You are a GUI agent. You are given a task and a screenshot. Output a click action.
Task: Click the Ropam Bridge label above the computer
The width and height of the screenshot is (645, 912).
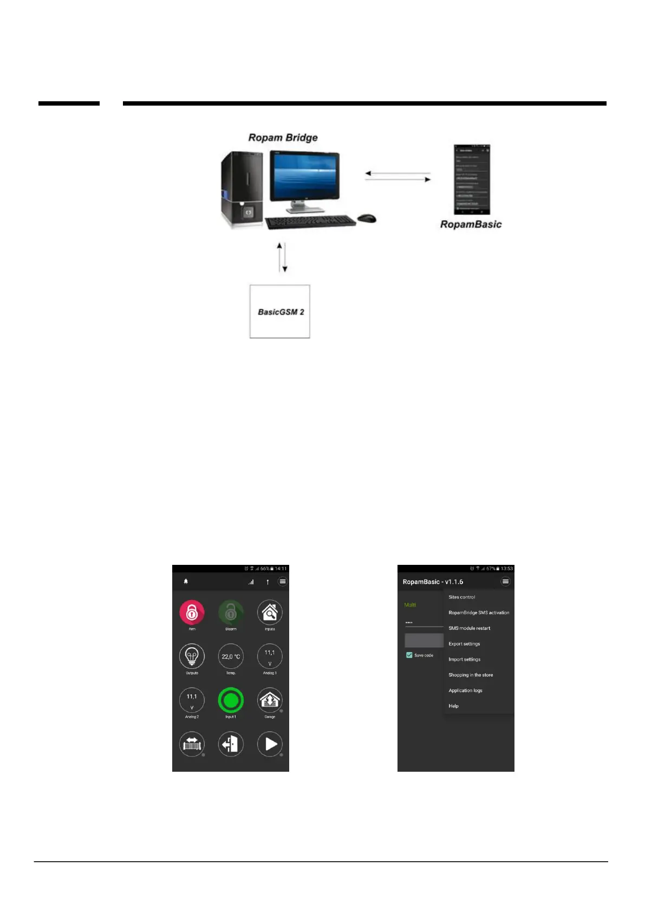click(x=283, y=138)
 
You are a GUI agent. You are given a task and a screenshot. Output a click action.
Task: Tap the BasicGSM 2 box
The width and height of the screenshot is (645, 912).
click(x=280, y=311)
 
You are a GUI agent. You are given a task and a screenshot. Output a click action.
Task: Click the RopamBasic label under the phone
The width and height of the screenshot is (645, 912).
click(x=471, y=224)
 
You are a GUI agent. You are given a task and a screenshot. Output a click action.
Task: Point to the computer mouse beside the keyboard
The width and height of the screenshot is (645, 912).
click(x=367, y=218)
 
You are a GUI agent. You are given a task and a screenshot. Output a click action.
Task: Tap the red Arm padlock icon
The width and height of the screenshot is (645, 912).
click(x=192, y=613)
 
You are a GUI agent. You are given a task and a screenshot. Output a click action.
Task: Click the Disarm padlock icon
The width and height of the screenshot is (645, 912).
click(x=231, y=613)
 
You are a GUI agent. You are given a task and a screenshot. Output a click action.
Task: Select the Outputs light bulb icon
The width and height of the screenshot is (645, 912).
click(x=192, y=656)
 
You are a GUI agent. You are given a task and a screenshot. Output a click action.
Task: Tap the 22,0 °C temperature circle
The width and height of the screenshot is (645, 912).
click(x=231, y=656)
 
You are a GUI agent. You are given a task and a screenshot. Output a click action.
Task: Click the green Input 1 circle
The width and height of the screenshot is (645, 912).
click(x=231, y=700)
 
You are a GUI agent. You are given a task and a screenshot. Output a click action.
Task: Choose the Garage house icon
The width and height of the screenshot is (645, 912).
click(x=270, y=700)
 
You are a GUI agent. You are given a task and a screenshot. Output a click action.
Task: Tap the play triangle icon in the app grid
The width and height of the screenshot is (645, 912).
click(x=270, y=744)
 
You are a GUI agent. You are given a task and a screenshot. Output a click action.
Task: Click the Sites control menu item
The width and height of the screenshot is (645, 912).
click(x=462, y=597)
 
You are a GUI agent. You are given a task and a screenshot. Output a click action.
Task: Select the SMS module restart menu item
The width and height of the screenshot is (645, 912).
click(x=470, y=628)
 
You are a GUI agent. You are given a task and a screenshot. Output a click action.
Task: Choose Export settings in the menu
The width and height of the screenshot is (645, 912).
click(x=464, y=644)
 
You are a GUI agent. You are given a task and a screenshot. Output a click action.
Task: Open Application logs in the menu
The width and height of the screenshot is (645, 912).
click(x=465, y=690)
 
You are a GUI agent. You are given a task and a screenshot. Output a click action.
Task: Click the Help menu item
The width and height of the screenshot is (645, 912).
click(x=454, y=706)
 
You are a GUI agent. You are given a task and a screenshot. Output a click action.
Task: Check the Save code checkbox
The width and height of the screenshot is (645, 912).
click(x=409, y=655)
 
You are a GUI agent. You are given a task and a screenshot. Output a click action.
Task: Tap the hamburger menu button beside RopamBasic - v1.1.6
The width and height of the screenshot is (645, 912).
click(x=505, y=582)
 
